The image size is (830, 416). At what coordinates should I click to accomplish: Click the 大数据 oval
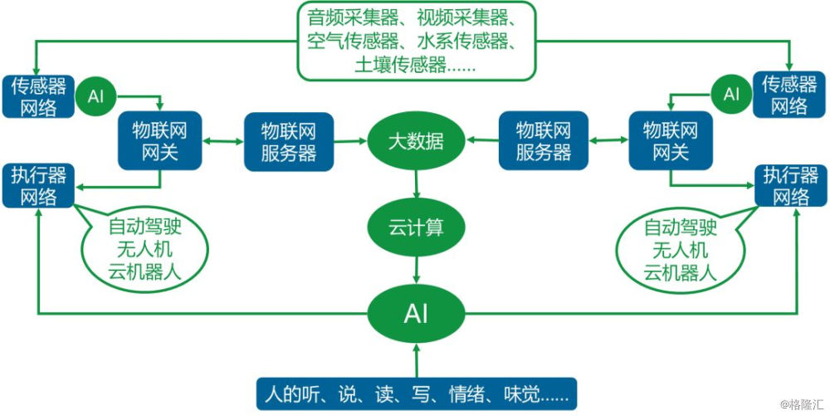[416, 142]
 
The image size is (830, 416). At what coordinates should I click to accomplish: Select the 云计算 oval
[416, 227]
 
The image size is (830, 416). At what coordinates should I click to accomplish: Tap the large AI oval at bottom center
[416, 313]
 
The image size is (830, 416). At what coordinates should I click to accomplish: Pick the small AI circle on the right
[730, 94]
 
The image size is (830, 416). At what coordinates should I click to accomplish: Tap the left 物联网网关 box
[160, 141]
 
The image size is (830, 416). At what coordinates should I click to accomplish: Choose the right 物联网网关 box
[671, 141]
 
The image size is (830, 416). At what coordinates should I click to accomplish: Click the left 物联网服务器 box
[288, 142]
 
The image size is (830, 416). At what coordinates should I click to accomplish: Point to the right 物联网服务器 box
[543, 142]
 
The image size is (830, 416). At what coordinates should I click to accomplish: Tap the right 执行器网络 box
[790, 185]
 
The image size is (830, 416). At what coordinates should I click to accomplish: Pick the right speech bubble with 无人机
[680, 248]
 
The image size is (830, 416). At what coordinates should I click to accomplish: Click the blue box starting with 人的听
[417, 392]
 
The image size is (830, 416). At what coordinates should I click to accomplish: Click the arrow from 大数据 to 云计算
[416, 183]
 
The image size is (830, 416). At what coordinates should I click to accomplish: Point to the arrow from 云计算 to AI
[416, 267]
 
